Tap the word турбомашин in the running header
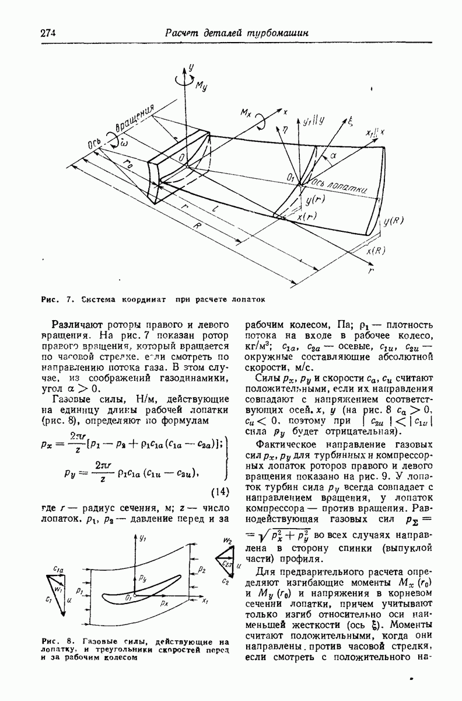[x=277, y=33]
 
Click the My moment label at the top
[x=202, y=87]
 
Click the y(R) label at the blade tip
[x=395, y=221]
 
